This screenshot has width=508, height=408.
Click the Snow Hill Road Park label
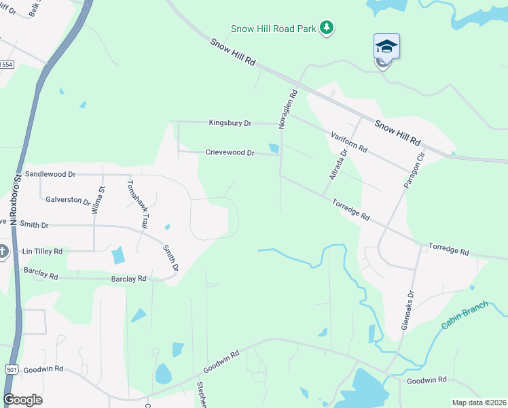[x=275, y=28]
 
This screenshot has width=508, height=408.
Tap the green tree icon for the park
[x=328, y=27]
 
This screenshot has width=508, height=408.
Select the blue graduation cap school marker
[x=386, y=46]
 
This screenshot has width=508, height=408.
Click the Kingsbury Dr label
[x=230, y=123]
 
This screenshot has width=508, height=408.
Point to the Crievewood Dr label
[x=230, y=153]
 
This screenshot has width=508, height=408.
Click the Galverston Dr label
[x=68, y=201]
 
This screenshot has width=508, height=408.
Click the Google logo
[x=22, y=400]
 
